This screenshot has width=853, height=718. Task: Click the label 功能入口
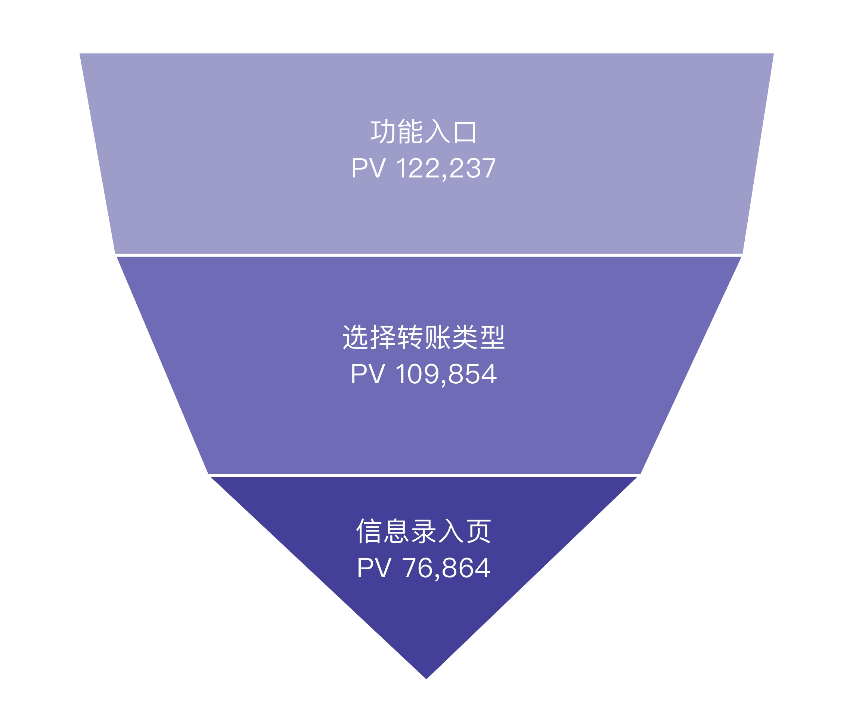point(423,131)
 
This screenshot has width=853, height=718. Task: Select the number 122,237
point(446,168)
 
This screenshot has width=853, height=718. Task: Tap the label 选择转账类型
point(424,337)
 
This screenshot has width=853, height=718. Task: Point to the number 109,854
point(446,374)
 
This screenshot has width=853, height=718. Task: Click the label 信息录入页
point(424,531)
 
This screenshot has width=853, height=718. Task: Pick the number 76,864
point(446,568)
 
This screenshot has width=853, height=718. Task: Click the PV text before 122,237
point(368,168)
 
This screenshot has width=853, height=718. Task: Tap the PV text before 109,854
point(367,374)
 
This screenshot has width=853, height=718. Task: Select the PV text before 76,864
point(373,568)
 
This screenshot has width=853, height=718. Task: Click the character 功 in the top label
point(382,131)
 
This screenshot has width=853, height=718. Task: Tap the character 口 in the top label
point(465,132)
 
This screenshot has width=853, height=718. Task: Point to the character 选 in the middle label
point(356,337)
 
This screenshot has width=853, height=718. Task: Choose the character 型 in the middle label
point(493,337)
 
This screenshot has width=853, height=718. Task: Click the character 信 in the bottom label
point(368,531)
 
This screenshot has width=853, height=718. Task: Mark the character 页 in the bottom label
point(479,531)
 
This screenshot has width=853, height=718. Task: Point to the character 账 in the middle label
point(437,337)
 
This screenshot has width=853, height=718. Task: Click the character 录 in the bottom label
point(424,531)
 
